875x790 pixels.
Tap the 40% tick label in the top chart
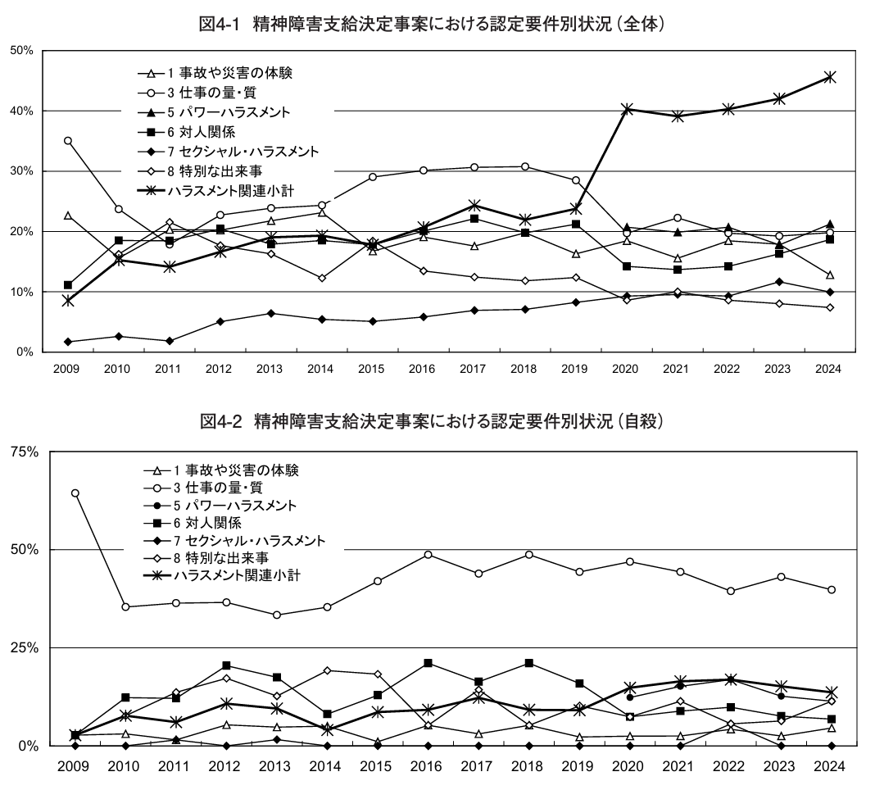21,111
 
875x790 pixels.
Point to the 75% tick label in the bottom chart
21,452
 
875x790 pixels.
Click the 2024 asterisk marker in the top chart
830,77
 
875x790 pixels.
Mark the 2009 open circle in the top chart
68,141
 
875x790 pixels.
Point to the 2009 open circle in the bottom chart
75,493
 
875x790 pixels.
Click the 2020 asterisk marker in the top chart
627,109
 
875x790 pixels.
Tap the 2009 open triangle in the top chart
68,216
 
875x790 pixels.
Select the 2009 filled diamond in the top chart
68,342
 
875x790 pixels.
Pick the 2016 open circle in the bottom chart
428,555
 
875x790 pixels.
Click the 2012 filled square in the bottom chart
226,665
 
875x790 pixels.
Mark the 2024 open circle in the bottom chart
831,590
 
